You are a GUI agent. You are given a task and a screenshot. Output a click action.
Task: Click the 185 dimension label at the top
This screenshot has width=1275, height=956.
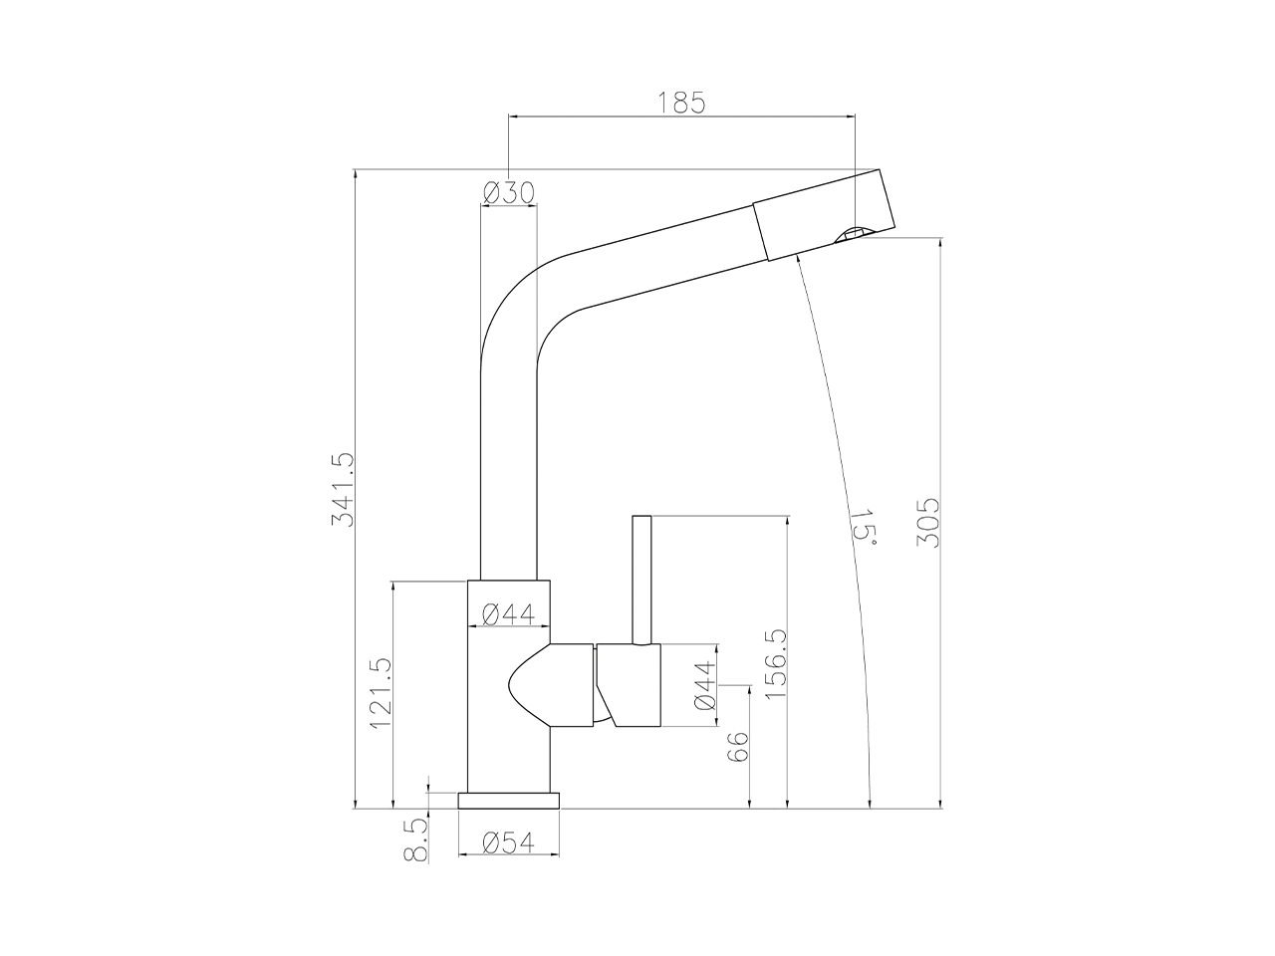pyautogui.click(x=682, y=102)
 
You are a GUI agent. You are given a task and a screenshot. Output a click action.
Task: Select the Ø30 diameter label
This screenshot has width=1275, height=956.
pyautogui.click(x=508, y=192)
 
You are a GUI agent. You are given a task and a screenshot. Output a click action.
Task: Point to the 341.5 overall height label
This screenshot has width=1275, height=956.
pyautogui.click(x=341, y=490)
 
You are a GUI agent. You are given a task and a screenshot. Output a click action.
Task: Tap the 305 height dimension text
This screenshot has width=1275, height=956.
pyautogui.click(x=928, y=521)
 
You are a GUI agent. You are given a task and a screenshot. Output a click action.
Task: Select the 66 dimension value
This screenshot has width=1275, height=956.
pyautogui.click(x=737, y=748)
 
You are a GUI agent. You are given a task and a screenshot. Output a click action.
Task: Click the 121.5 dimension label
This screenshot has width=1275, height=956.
pyautogui.click(x=381, y=694)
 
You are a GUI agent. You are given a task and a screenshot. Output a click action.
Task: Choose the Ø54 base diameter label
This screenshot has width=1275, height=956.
pyautogui.click(x=508, y=842)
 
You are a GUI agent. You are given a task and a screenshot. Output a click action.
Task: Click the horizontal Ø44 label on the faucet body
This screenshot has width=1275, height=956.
pyautogui.click(x=508, y=614)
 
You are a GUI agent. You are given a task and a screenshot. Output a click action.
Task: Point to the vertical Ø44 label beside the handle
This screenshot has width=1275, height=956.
pyautogui.click(x=704, y=686)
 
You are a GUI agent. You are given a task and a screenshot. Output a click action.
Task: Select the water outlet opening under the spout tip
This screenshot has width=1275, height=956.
pyautogui.click(x=852, y=234)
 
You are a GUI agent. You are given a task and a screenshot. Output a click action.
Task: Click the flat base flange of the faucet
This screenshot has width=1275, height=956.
pyautogui.click(x=508, y=800)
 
